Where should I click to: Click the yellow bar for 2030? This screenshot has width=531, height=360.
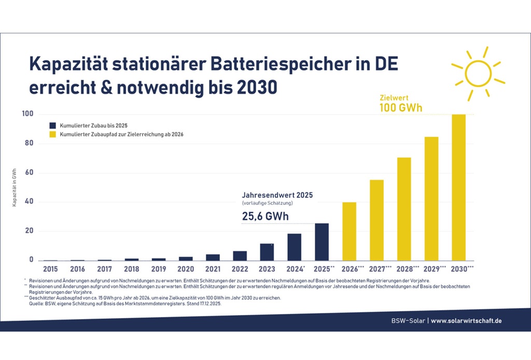coord(458,187)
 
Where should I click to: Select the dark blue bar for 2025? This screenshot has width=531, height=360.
coord(322,242)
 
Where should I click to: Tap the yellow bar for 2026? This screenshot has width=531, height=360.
coord(349,231)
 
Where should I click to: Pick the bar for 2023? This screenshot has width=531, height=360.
coord(267,252)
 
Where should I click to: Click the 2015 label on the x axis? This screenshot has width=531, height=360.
coord(50,269)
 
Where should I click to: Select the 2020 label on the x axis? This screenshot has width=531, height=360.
coord(186,269)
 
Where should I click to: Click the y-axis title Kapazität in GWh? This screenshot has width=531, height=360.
coord(15,187)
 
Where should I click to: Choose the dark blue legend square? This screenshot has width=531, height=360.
coord(52,126)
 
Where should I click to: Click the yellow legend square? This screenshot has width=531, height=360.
coord(52,134)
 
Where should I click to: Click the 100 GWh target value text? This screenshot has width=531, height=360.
coord(401,108)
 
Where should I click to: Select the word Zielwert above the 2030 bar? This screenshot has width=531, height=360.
coord(394,97)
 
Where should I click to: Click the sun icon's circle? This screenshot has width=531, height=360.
coord(477,73)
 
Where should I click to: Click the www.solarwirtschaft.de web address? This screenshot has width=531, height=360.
coord(466,321)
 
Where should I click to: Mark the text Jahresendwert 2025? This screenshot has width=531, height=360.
coord(277,195)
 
